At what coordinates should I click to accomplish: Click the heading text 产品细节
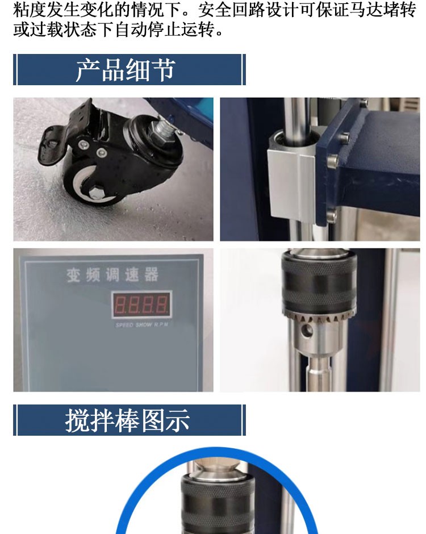click(126, 70)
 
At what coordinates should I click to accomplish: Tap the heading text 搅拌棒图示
click(127, 420)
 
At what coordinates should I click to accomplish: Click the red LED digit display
click(142, 305)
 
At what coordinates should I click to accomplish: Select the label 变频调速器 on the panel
click(112, 276)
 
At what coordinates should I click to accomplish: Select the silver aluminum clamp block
click(291, 185)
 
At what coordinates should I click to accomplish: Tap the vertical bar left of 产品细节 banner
click(15, 70)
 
